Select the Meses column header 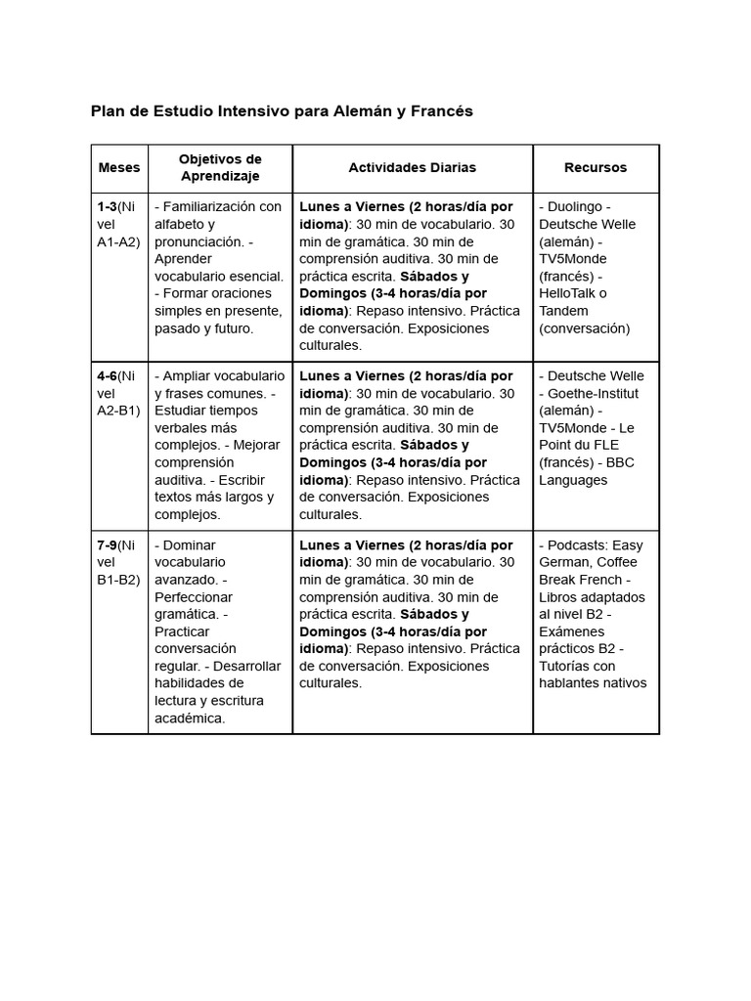[x=119, y=168]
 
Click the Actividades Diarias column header [x=412, y=168]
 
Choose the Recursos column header [x=596, y=168]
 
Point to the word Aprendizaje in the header [x=220, y=177]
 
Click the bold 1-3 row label [x=107, y=207]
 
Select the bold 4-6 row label [x=107, y=376]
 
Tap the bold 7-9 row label [x=107, y=545]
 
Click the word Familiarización [x=210, y=207]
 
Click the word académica [x=190, y=718]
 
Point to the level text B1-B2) [x=118, y=580]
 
